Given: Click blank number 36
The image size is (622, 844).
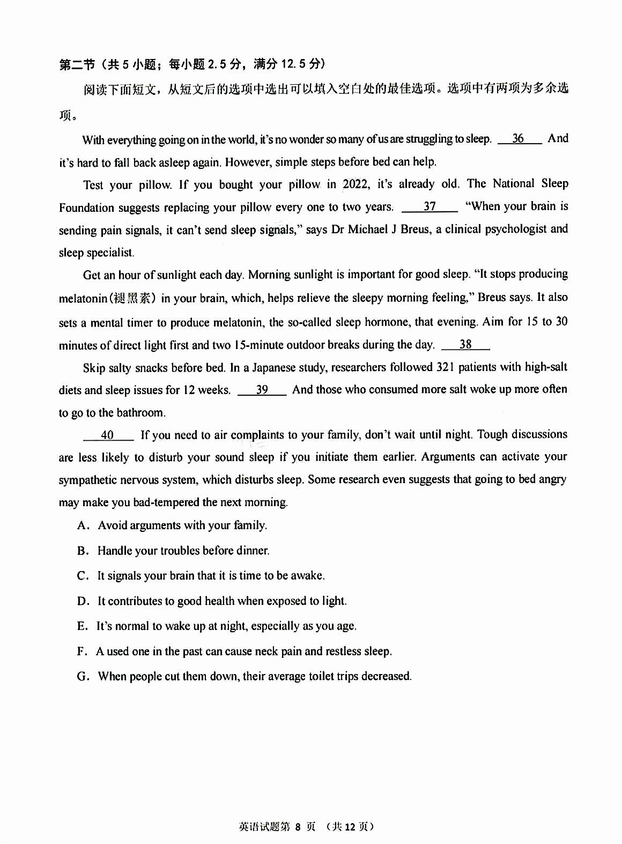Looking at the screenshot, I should [x=519, y=139].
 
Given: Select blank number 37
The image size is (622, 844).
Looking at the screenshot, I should [x=430, y=206].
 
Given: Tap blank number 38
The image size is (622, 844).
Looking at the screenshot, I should [x=465, y=345].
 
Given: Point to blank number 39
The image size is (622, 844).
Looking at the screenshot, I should [x=262, y=390].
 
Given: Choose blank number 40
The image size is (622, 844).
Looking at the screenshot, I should [x=107, y=435].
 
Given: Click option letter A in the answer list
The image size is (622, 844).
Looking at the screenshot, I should [x=82, y=525].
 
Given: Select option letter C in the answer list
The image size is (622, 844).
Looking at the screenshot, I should [x=82, y=576].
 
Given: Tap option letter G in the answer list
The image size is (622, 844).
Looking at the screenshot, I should [x=83, y=677].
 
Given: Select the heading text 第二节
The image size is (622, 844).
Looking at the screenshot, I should [x=77, y=65].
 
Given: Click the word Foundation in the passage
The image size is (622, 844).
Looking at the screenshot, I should [x=86, y=208].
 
